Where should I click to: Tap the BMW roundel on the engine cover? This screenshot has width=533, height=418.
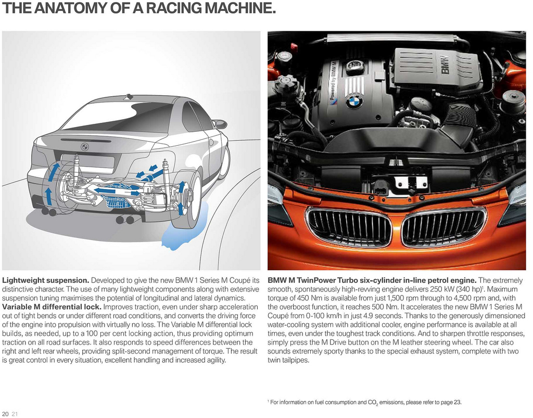pyautogui.click(x=354, y=102)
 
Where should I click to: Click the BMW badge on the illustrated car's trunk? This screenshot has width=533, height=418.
pyautogui.click(x=85, y=147)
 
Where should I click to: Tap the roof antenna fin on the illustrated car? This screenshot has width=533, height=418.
pyautogui.click(x=129, y=96)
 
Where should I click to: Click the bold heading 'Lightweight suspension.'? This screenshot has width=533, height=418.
pyautogui.click(x=46, y=281)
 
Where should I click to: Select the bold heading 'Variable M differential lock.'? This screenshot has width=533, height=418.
pyautogui.click(x=52, y=307)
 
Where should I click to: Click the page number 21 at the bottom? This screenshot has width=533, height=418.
pyautogui.click(x=14, y=414)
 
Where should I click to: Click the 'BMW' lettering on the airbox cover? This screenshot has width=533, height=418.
pyautogui.click(x=446, y=66)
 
